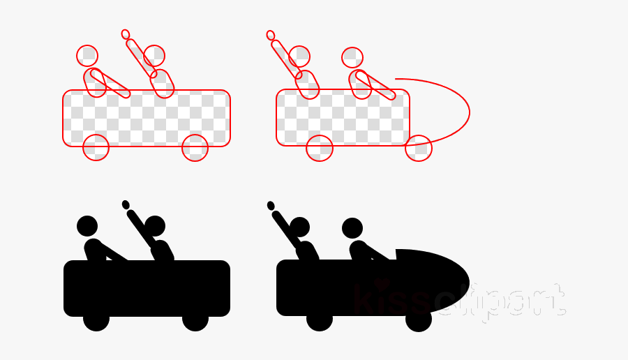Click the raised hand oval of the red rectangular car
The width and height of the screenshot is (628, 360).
pos(126,34)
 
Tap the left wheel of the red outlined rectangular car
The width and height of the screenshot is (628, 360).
pos(96,147)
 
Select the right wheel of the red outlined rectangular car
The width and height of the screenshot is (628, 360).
pos(195,147)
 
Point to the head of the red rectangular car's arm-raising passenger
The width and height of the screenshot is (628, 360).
pos(154,56)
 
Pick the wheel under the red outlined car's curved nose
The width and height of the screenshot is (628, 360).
pos(419,148)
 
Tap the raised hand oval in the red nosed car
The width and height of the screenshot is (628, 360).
pos(271,35)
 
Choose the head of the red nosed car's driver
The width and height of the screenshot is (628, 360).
pos(352,58)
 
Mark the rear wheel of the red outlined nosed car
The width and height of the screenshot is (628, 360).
pos(320,148)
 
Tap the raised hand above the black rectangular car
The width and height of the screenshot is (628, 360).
pos(126,204)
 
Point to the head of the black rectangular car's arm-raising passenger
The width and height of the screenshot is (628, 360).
pos(155,226)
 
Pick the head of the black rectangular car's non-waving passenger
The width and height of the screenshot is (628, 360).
pos(87,226)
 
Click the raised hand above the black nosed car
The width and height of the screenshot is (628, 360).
pos(271,205)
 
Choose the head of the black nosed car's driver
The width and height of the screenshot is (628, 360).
pos(352,228)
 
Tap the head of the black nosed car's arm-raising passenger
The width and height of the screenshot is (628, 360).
pos(300,227)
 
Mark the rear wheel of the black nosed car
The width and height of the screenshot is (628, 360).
pos(320,319)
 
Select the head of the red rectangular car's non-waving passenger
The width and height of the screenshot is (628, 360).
pos(87,56)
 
